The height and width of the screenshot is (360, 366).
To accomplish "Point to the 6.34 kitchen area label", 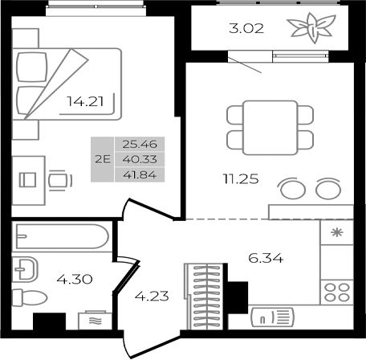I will tap(266, 259).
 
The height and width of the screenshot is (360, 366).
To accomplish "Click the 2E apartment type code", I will tap(103, 159).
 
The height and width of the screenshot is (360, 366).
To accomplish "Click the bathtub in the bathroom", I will tap(62, 238).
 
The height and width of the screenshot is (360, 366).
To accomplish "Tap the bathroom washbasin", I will tap(26, 267).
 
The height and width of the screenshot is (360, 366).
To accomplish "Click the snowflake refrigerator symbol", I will tap(335, 233).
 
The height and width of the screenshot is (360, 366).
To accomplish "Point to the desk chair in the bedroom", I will tap(57, 180).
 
